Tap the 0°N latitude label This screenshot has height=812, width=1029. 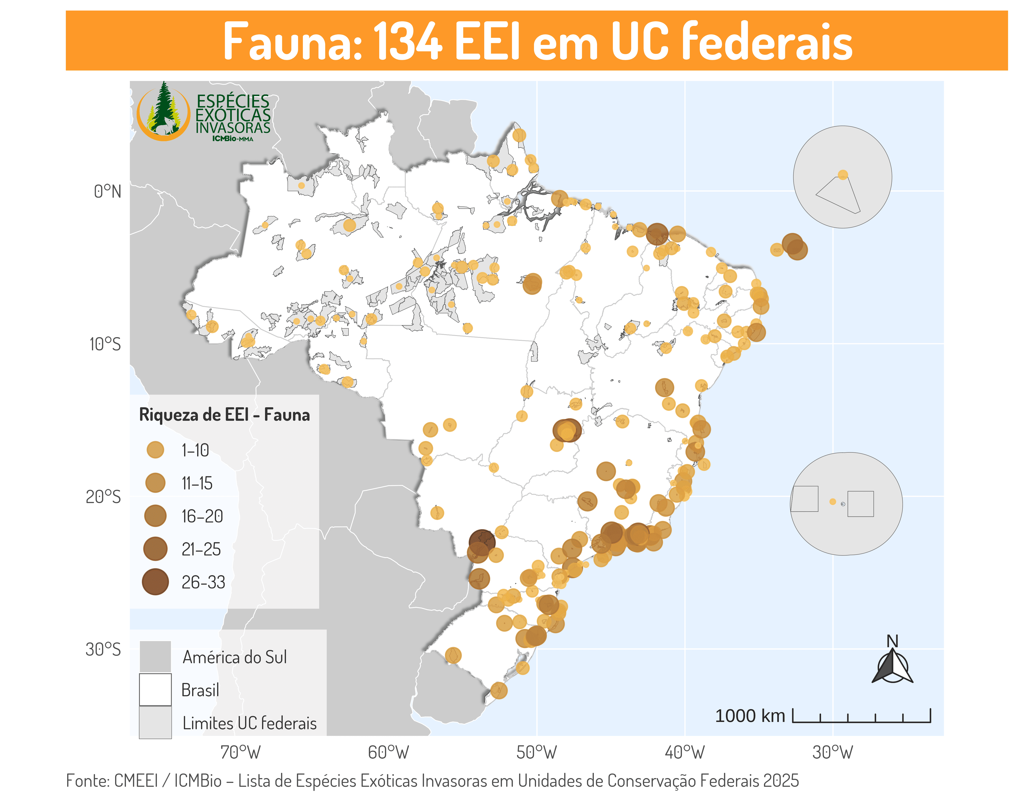click(108, 192)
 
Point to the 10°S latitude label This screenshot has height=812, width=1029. click(105, 344)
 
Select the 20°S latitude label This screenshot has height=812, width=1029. click(103, 497)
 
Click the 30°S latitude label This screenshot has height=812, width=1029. click(103, 650)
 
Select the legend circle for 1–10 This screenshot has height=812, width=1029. click(155, 450)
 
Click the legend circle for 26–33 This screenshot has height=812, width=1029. click(155, 582)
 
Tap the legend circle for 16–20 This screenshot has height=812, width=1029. click(155, 516)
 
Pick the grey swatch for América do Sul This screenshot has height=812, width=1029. click(155, 657)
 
